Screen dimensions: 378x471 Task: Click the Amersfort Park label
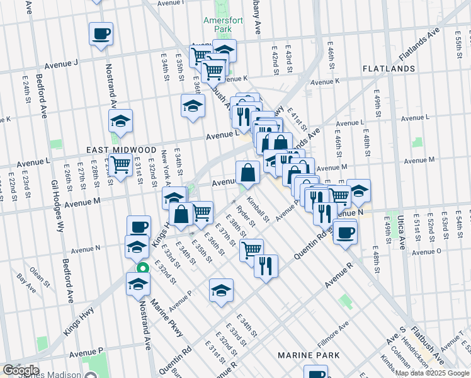(219, 24)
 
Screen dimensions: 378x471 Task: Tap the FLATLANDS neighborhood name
(387, 68)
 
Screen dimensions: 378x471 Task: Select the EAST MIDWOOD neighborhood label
(121, 150)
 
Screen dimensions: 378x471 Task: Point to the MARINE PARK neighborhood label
(309, 355)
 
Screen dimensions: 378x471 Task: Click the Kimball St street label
(258, 210)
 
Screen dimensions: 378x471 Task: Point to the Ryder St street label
(245, 215)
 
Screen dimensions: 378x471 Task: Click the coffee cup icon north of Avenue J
(101, 33)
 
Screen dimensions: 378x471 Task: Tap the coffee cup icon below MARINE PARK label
(315, 373)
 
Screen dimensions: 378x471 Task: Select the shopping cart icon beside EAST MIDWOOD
(120, 165)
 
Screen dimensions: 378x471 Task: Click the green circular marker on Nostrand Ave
(143, 267)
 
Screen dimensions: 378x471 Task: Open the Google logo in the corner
(21, 370)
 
